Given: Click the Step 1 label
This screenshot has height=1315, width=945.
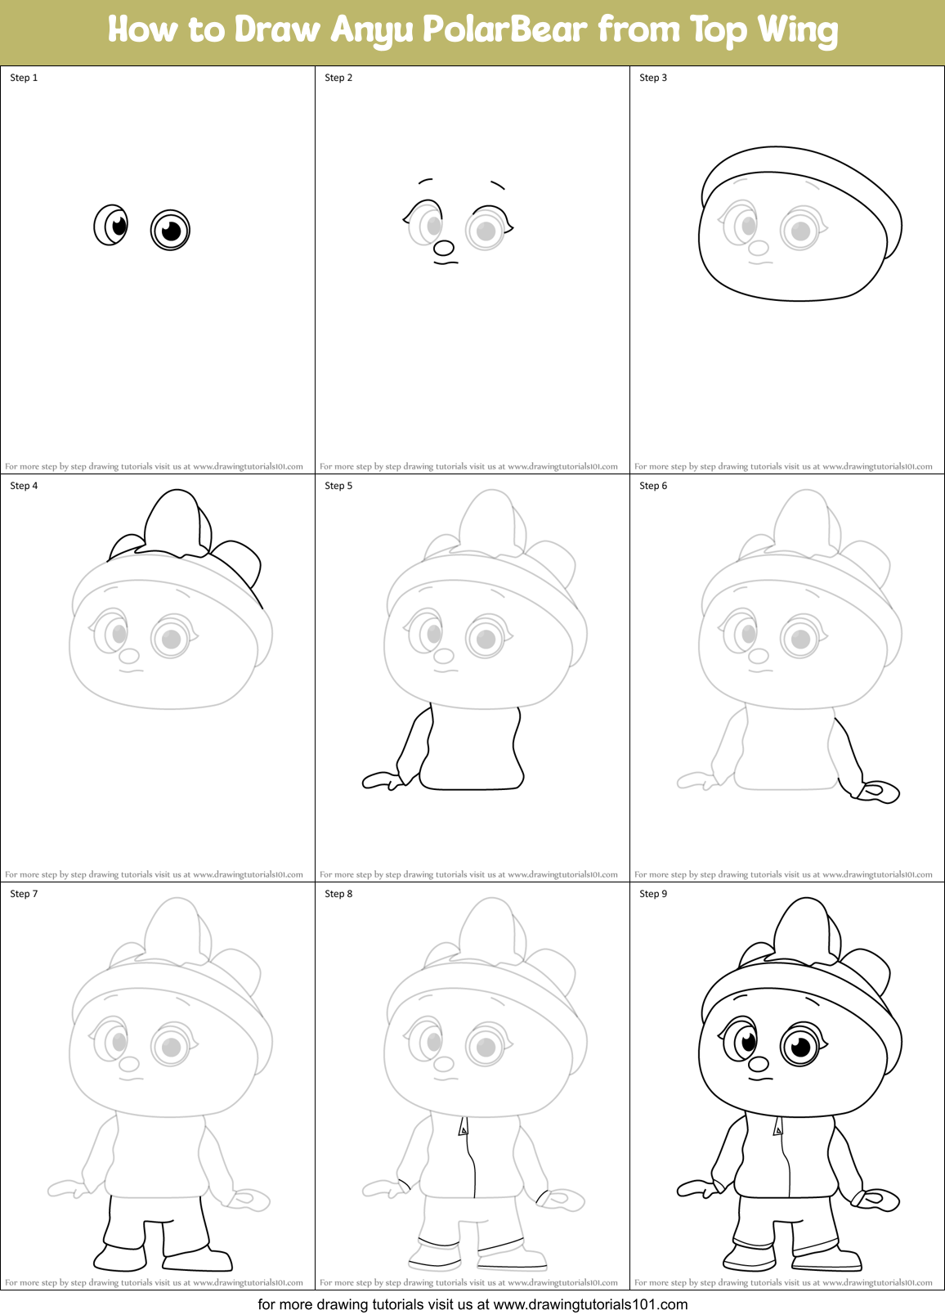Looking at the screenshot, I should click(x=24, y=78).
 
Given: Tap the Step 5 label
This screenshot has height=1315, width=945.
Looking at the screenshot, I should click(x=338, y=486).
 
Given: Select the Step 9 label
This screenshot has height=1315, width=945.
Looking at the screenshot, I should click(x=653, y=894).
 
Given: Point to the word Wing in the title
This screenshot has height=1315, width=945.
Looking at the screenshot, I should click(x=797, y=30).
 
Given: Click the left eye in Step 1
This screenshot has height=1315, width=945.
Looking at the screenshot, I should click(x=112, y=225).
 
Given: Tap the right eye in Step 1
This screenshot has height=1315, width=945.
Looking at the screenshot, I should click(x=170, y=230).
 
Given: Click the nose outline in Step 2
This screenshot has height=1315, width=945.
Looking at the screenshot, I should click(x=444, y=247).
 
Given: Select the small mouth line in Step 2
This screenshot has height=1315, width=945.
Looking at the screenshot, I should click(x=446, y=263).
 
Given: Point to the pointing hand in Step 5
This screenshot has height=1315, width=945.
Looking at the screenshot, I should click(x=382, y=781).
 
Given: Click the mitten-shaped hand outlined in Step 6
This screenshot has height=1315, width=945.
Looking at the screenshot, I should click(x=877, y=792).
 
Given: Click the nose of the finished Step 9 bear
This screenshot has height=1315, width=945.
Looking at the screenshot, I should click(x=759, y=1063).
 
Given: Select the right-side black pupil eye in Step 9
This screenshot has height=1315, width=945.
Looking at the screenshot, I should click(x=800, y=1047).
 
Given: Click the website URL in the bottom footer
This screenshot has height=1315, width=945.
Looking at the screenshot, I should click(x=590, y=1304).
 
